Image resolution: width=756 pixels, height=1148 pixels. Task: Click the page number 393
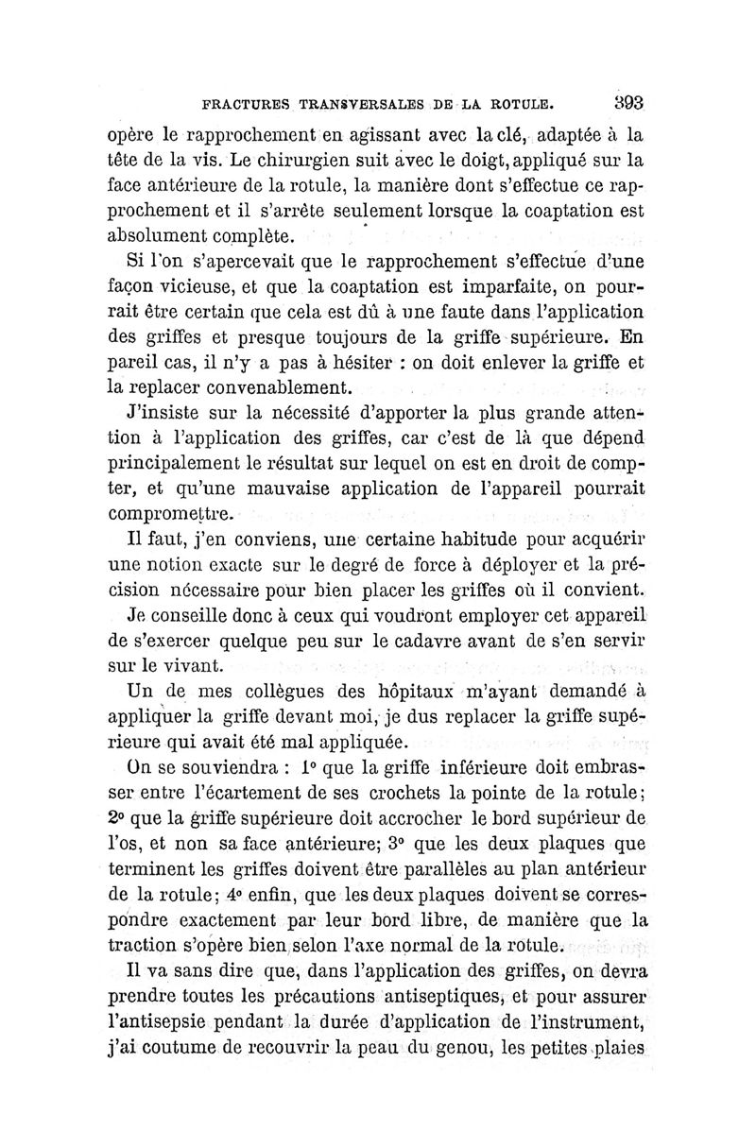[x=626, y=102]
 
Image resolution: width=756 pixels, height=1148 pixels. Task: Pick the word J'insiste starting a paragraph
[x=164, y=413]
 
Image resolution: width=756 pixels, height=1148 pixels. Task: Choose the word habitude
[x=456, y=541]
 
